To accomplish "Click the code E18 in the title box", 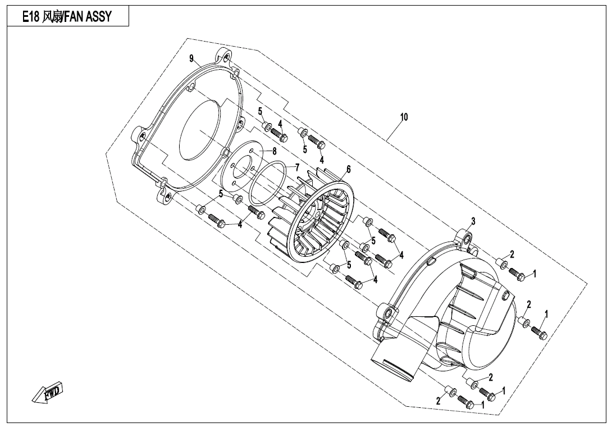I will [31, 17].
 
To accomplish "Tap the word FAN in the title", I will [74, 17].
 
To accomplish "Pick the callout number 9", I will [191, 58].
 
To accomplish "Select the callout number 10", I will [404, 117].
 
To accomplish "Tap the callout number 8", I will [274, 151].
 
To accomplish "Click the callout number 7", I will [298, 167].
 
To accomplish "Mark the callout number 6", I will [349, 169].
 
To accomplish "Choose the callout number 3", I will [473, 221].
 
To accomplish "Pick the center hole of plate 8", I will [240, 167].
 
